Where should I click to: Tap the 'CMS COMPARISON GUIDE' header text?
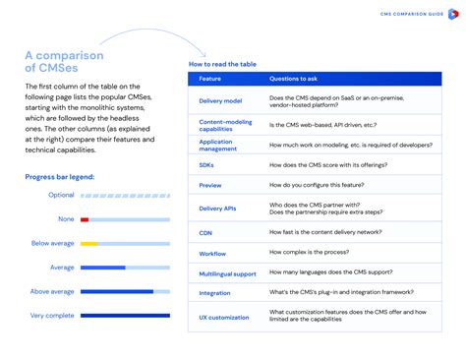413,15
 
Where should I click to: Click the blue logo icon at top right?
452,15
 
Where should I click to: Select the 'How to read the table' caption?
222,64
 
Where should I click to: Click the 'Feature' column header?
210,78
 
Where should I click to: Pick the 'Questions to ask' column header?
293,78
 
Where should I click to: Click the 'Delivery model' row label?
220,100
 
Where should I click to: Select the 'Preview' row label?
210,185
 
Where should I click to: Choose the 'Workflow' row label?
212,253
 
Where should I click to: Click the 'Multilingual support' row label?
226,272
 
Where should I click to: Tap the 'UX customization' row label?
222,316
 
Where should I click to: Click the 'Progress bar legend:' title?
60,177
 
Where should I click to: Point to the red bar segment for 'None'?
85,219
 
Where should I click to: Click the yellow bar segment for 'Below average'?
88,243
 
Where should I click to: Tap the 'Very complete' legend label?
52,316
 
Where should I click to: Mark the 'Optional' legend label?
61,195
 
